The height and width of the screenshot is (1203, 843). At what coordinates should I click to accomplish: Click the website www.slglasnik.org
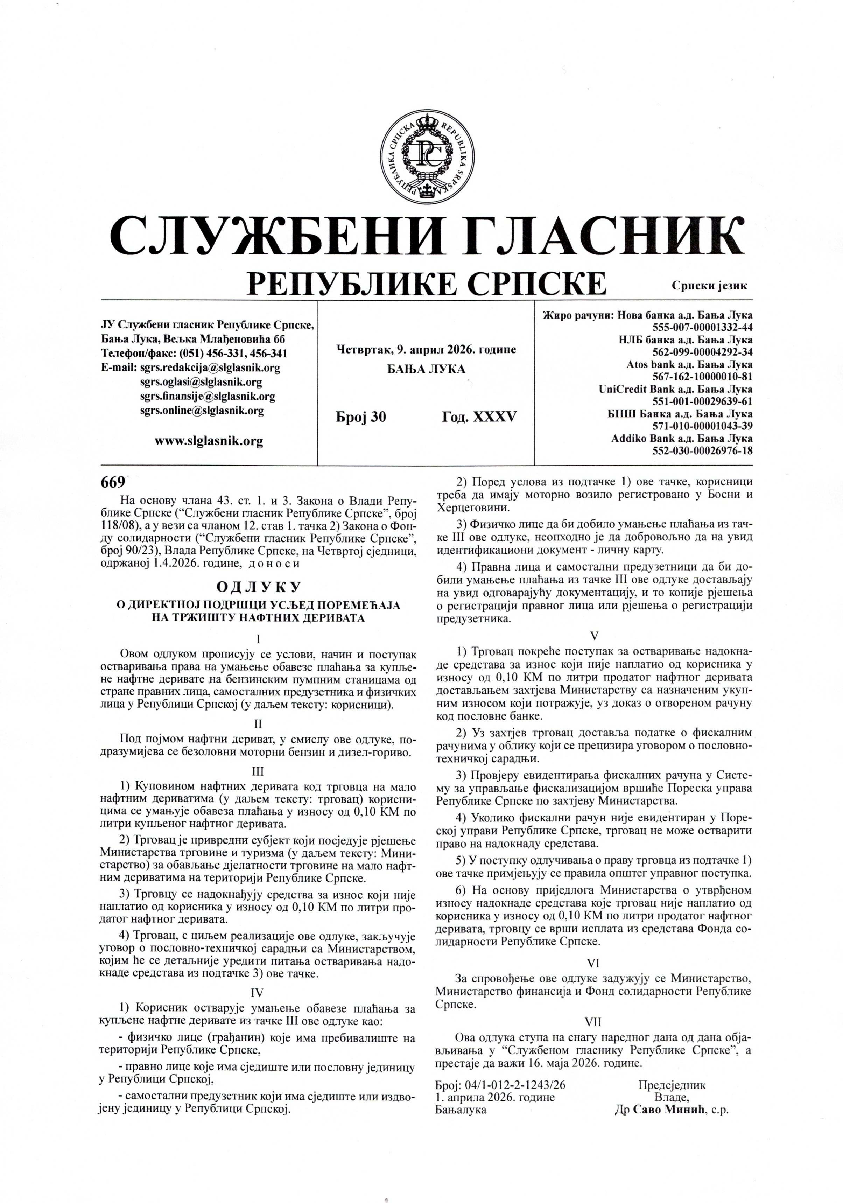[x=209, y=441]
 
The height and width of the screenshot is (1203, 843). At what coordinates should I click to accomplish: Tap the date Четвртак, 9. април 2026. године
[x=426, y=349]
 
